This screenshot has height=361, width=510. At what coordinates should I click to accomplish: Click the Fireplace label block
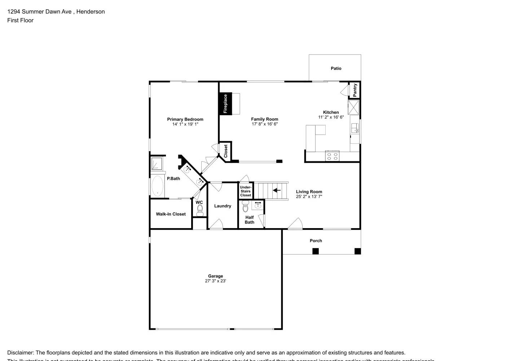[225, 104]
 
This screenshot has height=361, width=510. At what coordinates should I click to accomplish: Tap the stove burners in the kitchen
[332, 156]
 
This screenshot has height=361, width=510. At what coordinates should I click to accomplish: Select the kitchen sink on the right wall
[355, 128]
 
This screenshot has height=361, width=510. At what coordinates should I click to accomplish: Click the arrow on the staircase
[277, 190]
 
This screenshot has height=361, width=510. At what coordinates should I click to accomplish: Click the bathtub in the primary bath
[157, 186]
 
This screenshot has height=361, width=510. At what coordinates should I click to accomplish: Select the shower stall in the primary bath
[157, 164]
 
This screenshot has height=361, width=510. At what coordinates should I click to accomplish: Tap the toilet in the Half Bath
[246, 207]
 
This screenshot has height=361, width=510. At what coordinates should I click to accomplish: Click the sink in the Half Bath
[258, 205]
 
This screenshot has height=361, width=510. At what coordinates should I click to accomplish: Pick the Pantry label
[355, 90]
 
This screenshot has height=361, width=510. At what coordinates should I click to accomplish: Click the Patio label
[336, 68]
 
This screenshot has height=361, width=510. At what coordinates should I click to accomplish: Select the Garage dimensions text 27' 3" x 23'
[215, 281]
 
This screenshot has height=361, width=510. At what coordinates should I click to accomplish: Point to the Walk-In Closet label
[171, 214]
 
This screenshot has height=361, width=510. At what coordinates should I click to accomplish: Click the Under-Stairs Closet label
[246, 191]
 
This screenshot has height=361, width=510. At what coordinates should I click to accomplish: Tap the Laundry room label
[223, 206]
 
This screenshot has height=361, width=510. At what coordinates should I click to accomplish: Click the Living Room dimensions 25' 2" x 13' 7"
[309, 197]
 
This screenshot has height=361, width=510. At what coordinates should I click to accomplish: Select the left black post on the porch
[316, 251]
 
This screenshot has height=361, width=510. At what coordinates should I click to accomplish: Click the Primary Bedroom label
[185, 119]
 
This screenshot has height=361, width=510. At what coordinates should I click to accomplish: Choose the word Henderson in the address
[91, 12]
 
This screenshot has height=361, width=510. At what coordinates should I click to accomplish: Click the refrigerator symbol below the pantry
[353, 107]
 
